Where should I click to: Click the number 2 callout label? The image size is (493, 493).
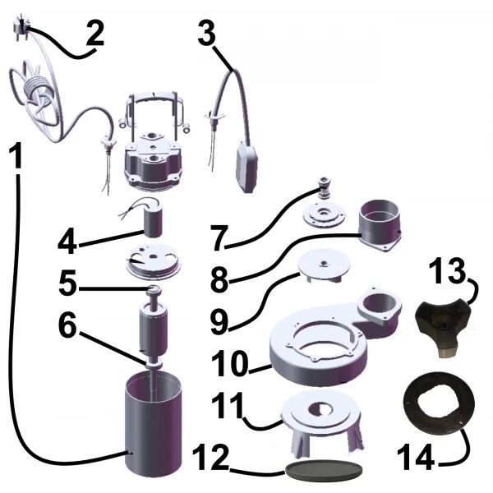click(95, 34)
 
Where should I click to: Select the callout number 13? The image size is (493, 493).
click(446, 270)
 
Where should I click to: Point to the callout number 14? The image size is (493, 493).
click(416, 457)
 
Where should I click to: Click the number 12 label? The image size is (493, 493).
click(210, 457)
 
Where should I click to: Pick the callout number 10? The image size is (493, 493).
click(230, 363)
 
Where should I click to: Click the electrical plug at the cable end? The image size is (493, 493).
click(19, 24)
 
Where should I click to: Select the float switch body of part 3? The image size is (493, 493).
click(247, 166)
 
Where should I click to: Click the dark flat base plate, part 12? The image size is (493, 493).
click(324, 470)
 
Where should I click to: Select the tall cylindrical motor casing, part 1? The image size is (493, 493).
click(154, 424)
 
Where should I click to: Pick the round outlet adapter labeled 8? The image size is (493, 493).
click(380, 225)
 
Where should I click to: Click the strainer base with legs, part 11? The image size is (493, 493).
click(321, 422)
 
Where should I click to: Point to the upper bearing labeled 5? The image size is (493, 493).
click(154, 289)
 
